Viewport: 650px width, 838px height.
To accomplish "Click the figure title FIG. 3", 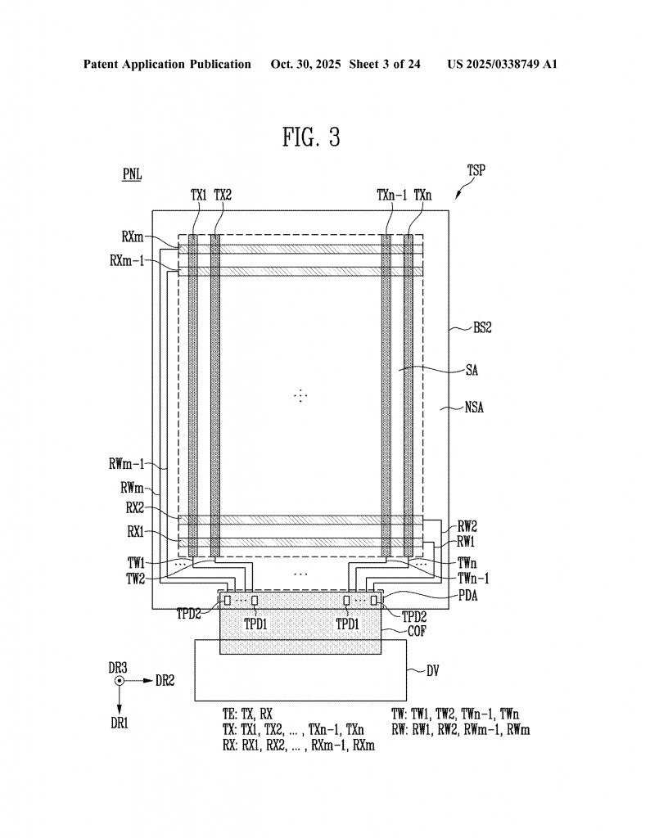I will pyautogui.click(x=311, y=137).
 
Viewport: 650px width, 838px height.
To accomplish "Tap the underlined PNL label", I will pyautogui.click(x=132, y=176).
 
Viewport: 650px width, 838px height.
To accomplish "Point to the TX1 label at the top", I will pyautogui.click(x=199, y=195).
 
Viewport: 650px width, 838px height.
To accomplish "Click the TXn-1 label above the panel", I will pyautogui.click(x=391, y=195).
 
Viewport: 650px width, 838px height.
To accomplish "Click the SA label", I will pyautogui.click(x=472, y=370).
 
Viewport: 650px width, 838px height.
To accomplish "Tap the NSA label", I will pyautogui.click(x=473, y=407).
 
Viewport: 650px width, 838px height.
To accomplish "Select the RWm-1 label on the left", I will pyautogui.click(x=126, y=464).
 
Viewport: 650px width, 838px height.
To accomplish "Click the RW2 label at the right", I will pyautogui.click(x=467, y=527).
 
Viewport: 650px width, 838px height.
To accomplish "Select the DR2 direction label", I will pyautogui.click(x=165, y=680).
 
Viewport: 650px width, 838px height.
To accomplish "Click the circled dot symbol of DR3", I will pyautogui.click(x=120, y=680).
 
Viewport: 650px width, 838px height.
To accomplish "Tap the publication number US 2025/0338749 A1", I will pyautogui.click(x=502, y=64).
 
